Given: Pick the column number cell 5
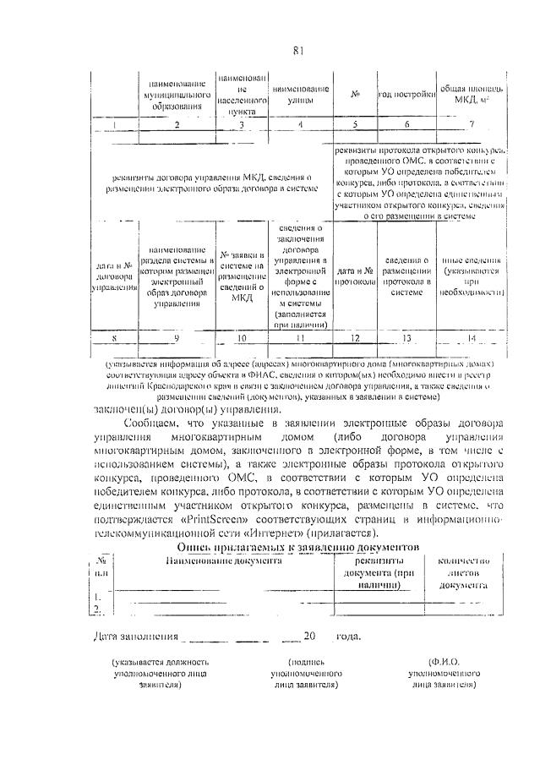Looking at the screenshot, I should pyautogui.click(x=356, y=125).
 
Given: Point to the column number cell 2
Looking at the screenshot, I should pyautogui.click(x=177, y=125).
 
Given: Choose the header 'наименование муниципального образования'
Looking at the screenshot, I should pyautogui.click(x=177, y=96).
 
